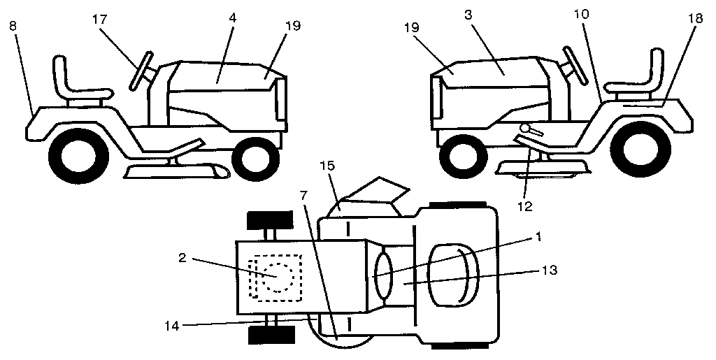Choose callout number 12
[x=524, y=206]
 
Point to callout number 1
[x=538, y=236]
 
